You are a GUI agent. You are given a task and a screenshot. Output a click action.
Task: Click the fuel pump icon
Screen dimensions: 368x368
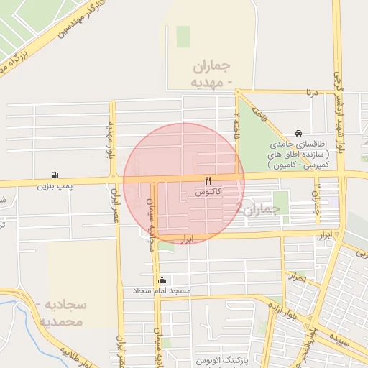click(x=55, y=175)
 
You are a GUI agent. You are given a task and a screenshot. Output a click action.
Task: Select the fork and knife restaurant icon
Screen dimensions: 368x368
click(x=208, y=180)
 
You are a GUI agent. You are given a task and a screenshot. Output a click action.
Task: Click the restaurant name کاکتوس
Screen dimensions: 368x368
click(x=208, y=192)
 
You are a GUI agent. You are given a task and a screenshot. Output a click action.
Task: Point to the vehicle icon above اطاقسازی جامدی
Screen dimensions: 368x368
click(x=298, y=134)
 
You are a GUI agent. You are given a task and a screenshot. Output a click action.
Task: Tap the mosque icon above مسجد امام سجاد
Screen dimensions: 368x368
click(x=162, y=280)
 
